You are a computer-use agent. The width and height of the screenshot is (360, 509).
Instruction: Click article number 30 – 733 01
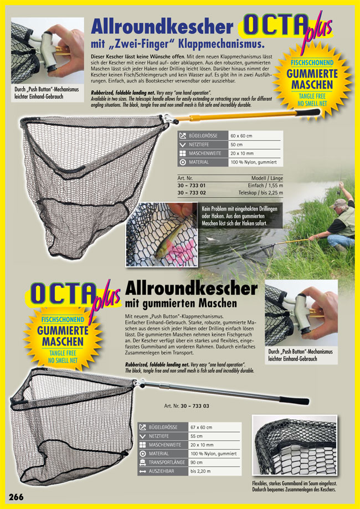coord(192,185)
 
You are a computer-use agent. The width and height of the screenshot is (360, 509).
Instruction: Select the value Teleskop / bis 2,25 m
coord(260,192)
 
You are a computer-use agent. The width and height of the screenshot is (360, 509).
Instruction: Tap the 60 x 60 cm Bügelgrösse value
coord(243,136)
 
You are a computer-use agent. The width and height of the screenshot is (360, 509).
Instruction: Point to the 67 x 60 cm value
coord(201,427)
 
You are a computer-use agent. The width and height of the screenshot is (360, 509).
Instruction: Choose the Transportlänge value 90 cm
coord(197,462)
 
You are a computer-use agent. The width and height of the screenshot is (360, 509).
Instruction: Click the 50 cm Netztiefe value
coord(237,145)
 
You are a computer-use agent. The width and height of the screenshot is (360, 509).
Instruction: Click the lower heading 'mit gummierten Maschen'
coord(181,304)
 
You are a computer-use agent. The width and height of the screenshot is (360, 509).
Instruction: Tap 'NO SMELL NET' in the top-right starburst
coord(313,103)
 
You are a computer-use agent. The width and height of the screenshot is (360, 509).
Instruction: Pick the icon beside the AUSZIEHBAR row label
coord(142,471)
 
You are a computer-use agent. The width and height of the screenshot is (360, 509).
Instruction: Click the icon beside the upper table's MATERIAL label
coord(183,162)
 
